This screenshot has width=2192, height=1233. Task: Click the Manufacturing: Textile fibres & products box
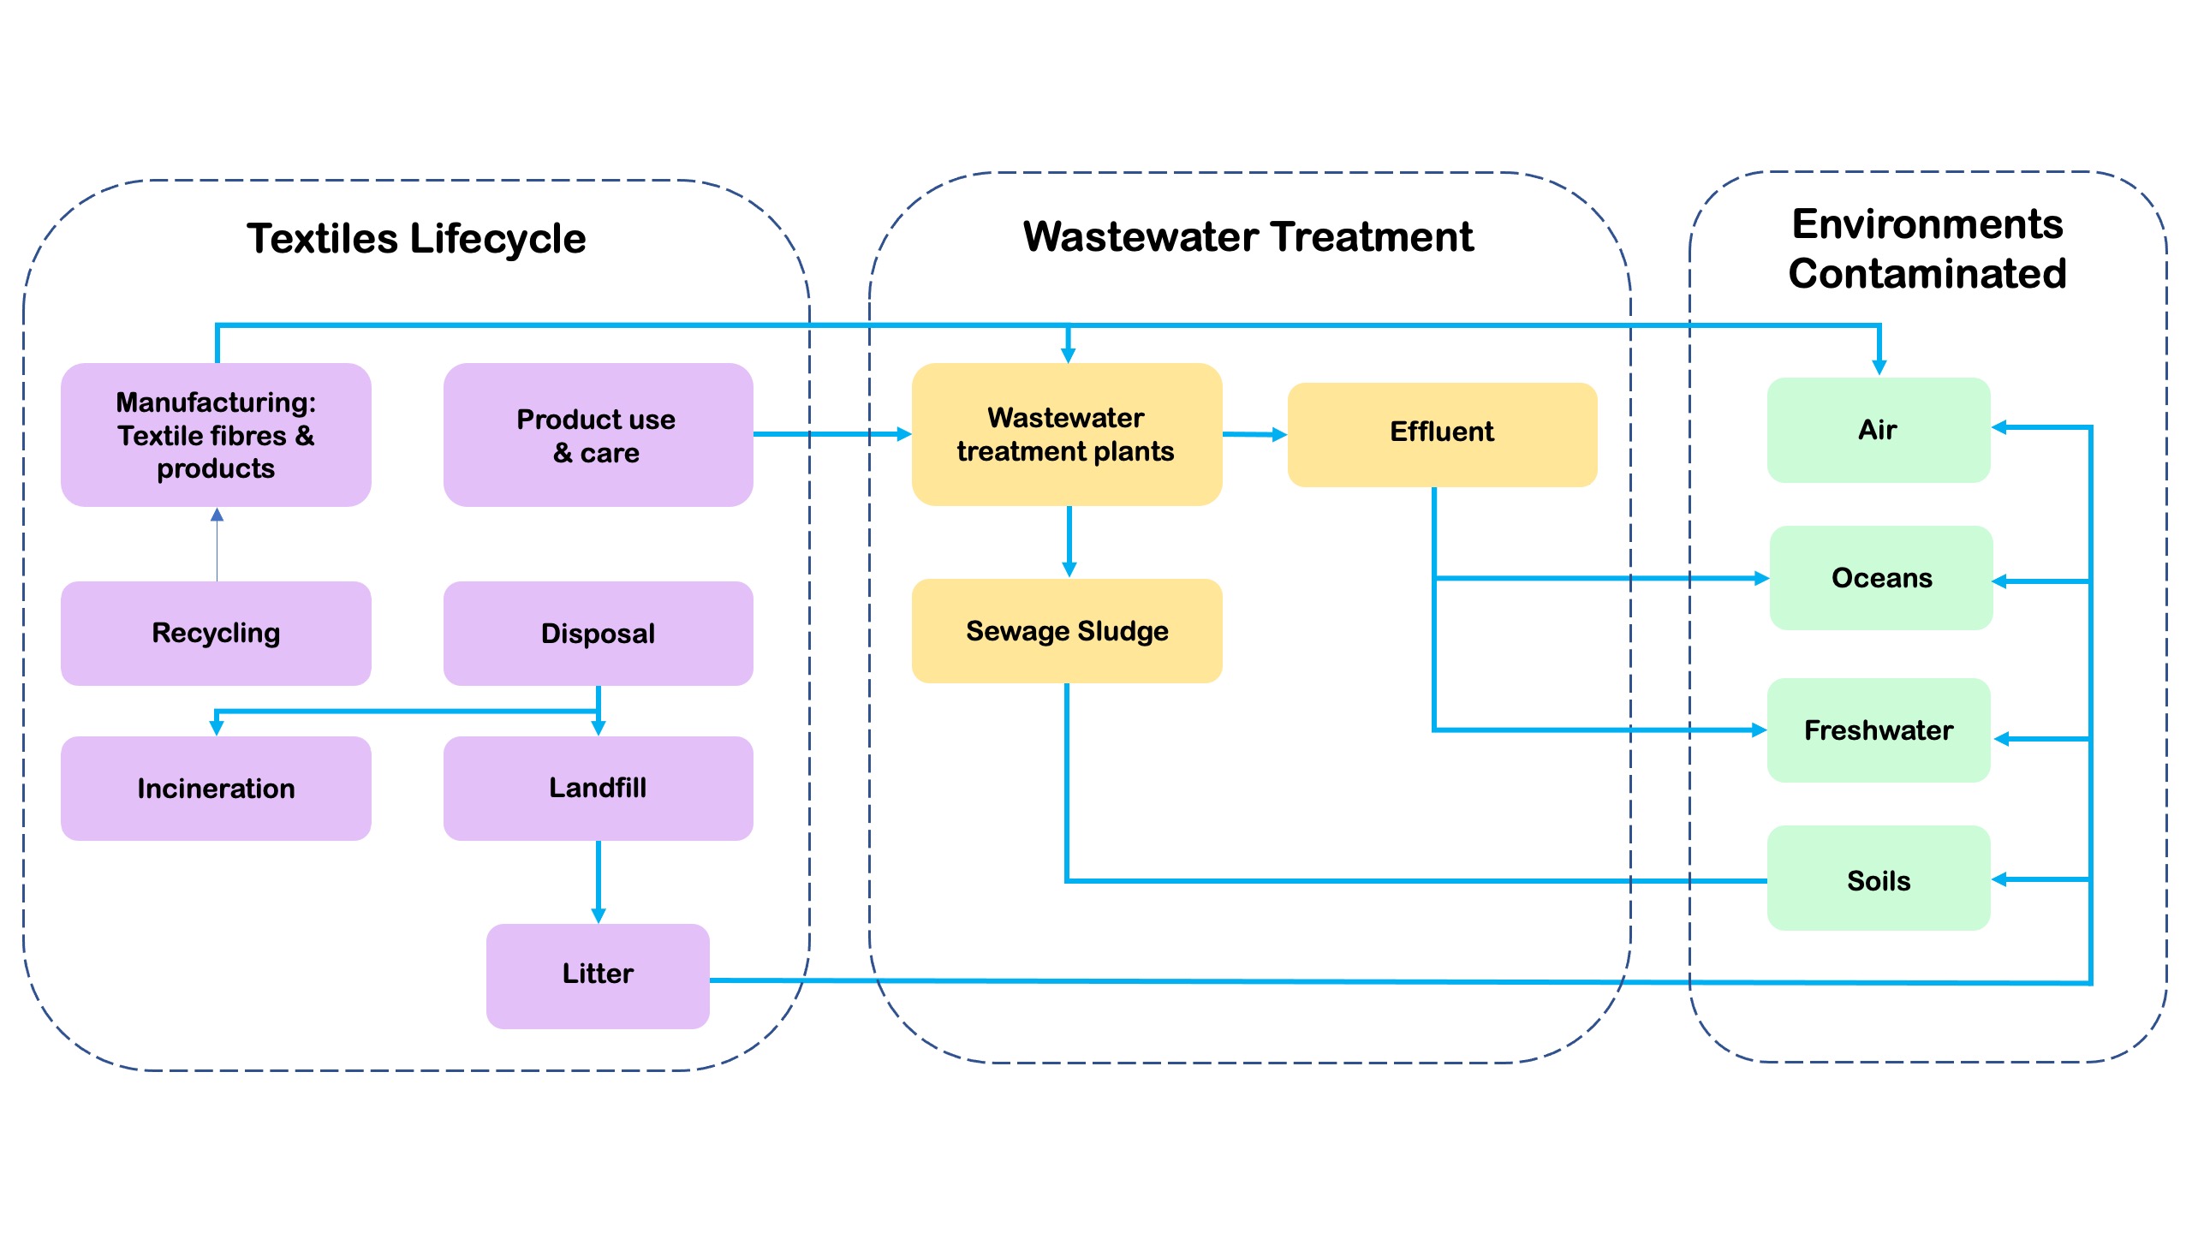pos(216,435)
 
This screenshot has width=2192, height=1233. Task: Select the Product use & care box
pos(598,435)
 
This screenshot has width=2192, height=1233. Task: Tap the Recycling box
pos(216,634)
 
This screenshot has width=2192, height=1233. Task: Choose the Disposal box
pos(598,634)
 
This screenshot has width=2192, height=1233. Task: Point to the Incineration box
pos(216,789)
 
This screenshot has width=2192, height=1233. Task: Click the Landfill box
pos(598,789)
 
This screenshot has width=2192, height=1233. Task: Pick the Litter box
pos(598,975)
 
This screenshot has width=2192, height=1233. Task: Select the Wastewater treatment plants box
pos(1066,435)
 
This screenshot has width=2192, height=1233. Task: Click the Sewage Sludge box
pos(1066,631)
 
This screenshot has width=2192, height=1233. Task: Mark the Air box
pos(1879,430)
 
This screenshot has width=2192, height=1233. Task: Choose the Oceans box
pos(1881,578)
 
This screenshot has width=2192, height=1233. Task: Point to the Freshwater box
pos(1879,730)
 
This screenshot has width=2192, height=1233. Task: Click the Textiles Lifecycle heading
pos(416,239)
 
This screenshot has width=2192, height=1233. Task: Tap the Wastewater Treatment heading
pos(1248,237)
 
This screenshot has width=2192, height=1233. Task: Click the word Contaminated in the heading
pos(1927,274)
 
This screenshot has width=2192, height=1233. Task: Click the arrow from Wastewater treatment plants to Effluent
pos(1254,435)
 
